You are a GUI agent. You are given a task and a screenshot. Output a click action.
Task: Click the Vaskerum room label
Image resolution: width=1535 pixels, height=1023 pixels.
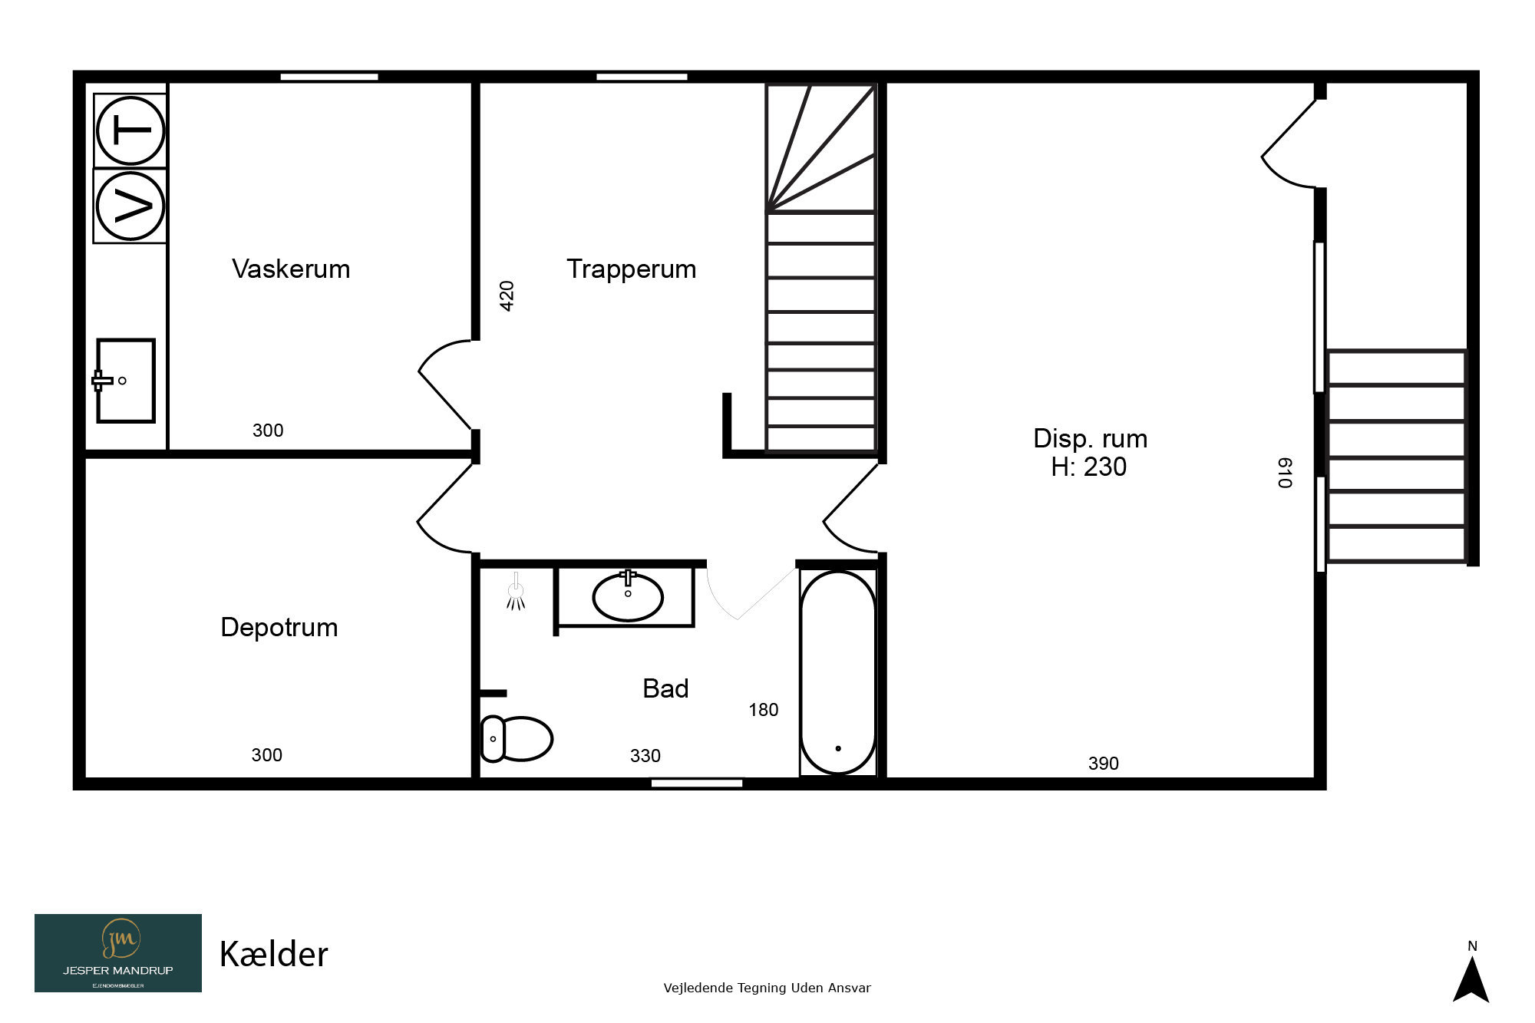[x=291, y=269]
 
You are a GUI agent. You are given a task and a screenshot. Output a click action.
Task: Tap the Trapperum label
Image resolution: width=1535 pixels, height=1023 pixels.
[x=631, y=269]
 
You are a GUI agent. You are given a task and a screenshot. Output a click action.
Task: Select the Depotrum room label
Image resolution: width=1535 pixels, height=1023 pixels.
[x=279, y=628]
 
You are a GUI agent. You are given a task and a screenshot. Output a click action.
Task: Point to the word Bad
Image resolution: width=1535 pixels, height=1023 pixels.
[x=665, y=688]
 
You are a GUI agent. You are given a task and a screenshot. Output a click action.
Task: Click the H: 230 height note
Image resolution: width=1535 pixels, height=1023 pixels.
[x=1089, y=467]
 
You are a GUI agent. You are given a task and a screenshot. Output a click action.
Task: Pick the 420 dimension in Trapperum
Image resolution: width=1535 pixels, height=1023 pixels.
[x=507, y=296]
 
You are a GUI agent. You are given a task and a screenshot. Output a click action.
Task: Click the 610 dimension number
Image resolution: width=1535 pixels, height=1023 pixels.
[x=1285, y=473]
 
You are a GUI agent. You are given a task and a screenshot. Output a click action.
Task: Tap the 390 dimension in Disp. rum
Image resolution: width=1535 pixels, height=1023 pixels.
[x=1104, y=764]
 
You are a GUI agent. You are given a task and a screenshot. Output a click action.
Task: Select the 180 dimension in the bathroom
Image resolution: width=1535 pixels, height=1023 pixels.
[x=764, y=710]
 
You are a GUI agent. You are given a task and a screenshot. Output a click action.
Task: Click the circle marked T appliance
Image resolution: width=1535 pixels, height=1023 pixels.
[x=130, y=130]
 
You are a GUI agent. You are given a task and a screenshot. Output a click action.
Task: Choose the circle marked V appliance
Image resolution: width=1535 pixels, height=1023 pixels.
[x=130, y=206]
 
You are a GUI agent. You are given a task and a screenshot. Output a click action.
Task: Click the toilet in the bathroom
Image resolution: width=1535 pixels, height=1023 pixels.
[x=517, y=738]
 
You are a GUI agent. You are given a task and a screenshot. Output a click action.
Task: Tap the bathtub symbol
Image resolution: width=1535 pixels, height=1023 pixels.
[x=838, y=672]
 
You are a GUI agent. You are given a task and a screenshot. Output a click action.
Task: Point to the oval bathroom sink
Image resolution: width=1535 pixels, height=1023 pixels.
[x=628, y=597]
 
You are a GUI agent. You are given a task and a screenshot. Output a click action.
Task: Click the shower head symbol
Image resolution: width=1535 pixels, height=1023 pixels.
[x=516, y=592]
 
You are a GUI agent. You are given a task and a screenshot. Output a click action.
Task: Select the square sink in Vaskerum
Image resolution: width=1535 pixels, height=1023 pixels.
[x=125, y=381]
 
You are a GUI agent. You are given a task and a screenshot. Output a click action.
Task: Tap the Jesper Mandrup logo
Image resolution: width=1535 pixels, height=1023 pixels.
[x=118, y=953]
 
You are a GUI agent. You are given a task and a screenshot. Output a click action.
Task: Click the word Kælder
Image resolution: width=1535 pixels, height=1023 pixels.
[x=274, y=955]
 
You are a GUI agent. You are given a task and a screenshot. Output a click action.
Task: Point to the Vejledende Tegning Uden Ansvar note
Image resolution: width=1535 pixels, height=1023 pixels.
[x=767, y=988]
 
